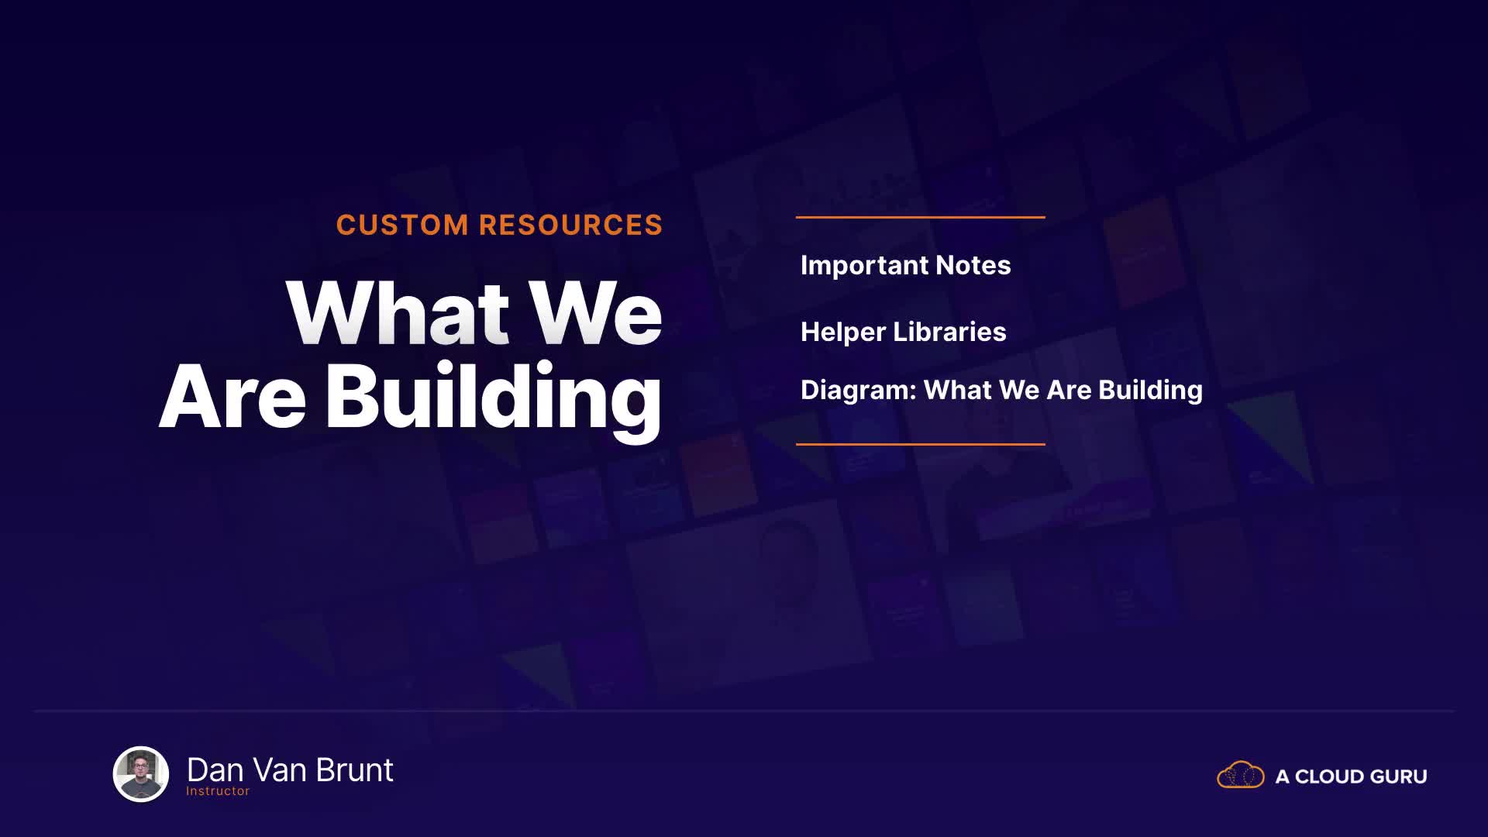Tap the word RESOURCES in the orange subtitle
(x=571, y=225)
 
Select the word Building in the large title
(x=493, y=399)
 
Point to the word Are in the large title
(x=232, y=397)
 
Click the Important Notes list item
(x=905, y=265)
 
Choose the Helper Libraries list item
(x=903, y=332)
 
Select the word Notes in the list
(x=973, y=265)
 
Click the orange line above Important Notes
(x=921, y=217)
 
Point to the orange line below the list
(x=921, y=444)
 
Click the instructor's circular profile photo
(x=141, y=773)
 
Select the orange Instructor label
(x=218, y=791)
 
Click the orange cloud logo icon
(x=1241, y=775)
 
